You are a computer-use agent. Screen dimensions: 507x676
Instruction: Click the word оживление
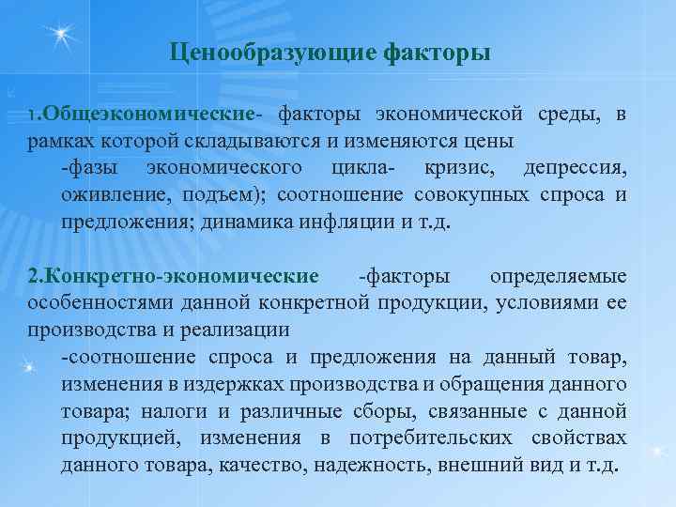(106, 195)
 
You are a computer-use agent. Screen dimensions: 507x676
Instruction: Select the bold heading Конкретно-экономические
(174, 277)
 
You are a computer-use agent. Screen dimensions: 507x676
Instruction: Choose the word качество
(268, 466)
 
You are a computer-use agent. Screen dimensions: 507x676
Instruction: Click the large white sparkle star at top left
(62, 36)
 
